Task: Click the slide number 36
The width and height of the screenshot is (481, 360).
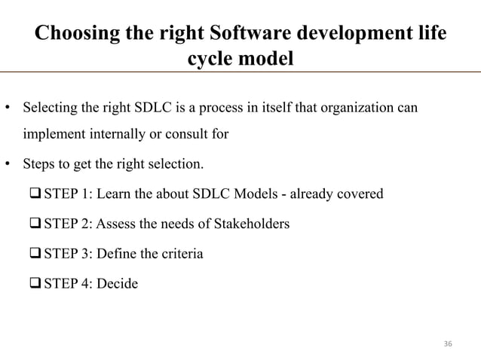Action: [448, 343]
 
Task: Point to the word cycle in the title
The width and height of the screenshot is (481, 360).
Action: [208, 60]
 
